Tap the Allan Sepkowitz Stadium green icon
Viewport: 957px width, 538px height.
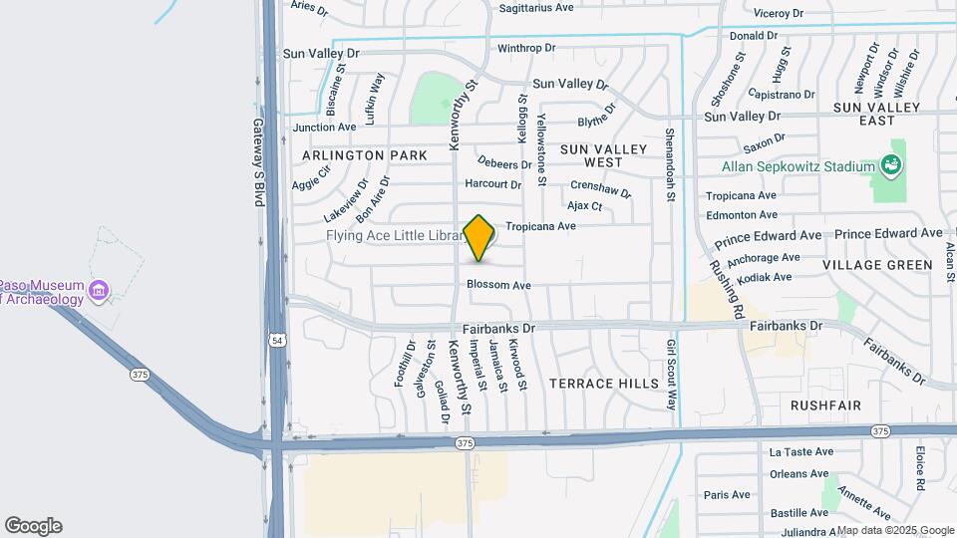click(891, 164)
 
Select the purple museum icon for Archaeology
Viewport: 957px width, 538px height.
click(98, 291)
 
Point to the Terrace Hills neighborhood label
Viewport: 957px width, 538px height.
click(604, 384)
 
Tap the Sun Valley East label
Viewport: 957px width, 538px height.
click(877, 114)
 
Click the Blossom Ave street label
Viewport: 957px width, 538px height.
click(498, 285)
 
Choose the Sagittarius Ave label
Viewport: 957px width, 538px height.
click(535, 7)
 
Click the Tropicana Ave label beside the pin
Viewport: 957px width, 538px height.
click(541, 226)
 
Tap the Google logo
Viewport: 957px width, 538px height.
click(33, 526)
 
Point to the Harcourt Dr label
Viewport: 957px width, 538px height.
click(492, 184)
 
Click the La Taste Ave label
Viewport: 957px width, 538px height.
click(798, 452)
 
